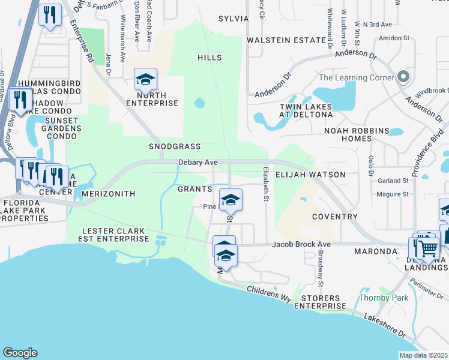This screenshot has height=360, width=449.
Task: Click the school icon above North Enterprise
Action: (145, 79)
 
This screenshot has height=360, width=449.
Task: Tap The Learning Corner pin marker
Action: (403, 77)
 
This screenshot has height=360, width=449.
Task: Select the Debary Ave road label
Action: (197, 163)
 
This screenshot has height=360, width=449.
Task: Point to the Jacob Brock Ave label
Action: (301, 245)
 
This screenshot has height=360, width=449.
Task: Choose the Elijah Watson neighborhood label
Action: (310, 175)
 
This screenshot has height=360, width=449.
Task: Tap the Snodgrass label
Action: (174, 146)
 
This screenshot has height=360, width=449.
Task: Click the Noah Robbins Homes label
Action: (348, 134)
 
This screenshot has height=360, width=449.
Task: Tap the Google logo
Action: (20, 353)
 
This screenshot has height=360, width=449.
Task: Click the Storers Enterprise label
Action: (321, 302)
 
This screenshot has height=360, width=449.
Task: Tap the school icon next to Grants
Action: (230, 200)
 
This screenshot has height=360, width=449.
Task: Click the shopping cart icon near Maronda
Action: (428, 248)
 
